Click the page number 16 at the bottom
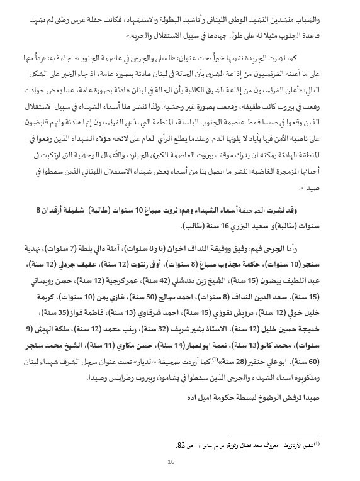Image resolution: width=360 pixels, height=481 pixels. click(171, 462)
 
